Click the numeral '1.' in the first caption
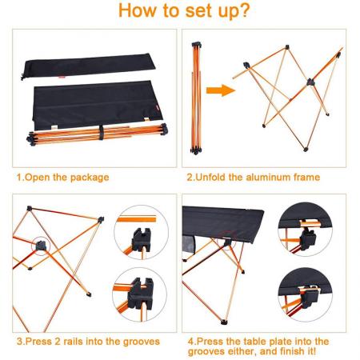19,177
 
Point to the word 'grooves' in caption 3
139,341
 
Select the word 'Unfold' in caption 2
211,177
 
